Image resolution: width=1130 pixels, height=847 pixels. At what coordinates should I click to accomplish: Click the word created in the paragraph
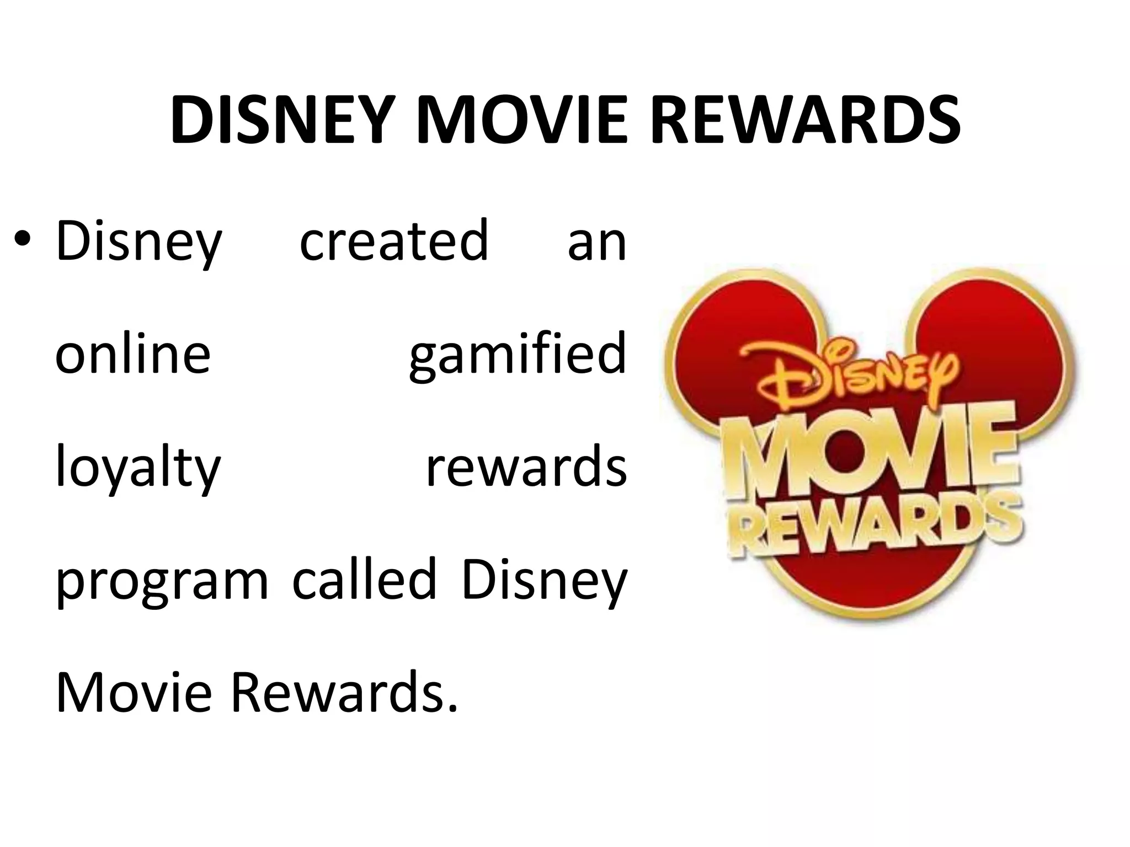tap(394, 242)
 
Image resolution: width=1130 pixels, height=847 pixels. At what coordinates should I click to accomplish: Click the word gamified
tap(518, 356)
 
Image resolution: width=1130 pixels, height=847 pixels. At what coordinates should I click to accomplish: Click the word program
tap(162, 582)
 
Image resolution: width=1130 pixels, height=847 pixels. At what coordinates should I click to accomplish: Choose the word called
tap(364, 579)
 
